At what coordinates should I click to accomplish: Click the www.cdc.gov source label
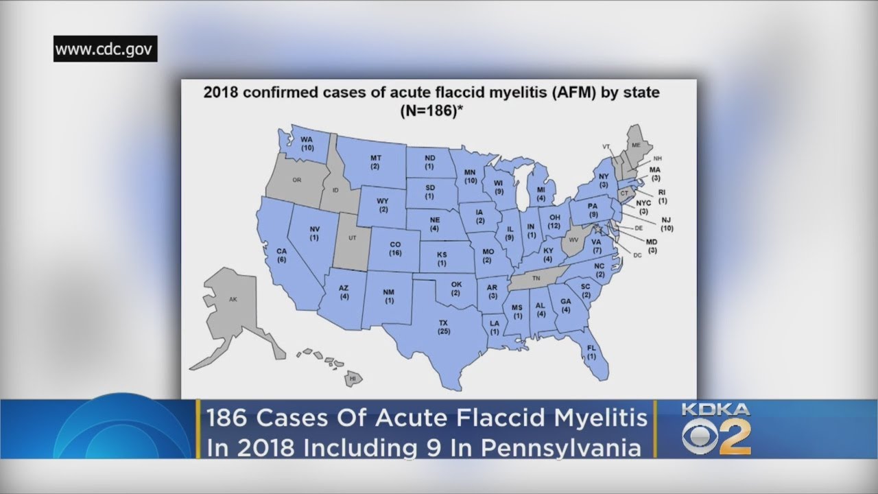[x=106, y=49]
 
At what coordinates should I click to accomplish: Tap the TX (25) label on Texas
[x=443, y=327]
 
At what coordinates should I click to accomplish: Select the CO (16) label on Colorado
[x=394, y=248]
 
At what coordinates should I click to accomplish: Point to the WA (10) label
[x=307, y=143]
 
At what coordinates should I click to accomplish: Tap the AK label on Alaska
[x=233, y=300]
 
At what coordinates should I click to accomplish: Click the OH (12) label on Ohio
[x=554, y=221]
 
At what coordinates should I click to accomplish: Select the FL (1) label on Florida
[x=591, y=352]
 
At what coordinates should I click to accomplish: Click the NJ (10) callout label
[x=667, y=224]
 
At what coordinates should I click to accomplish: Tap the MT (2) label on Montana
[x=376, y=162]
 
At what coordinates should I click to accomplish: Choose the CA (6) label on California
[x=281, y=255]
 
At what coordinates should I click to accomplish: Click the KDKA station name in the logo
[x=715, y=410]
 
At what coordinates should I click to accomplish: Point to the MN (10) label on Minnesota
[x=471, y=176]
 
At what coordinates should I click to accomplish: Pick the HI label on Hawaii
[x=353, y=378]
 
